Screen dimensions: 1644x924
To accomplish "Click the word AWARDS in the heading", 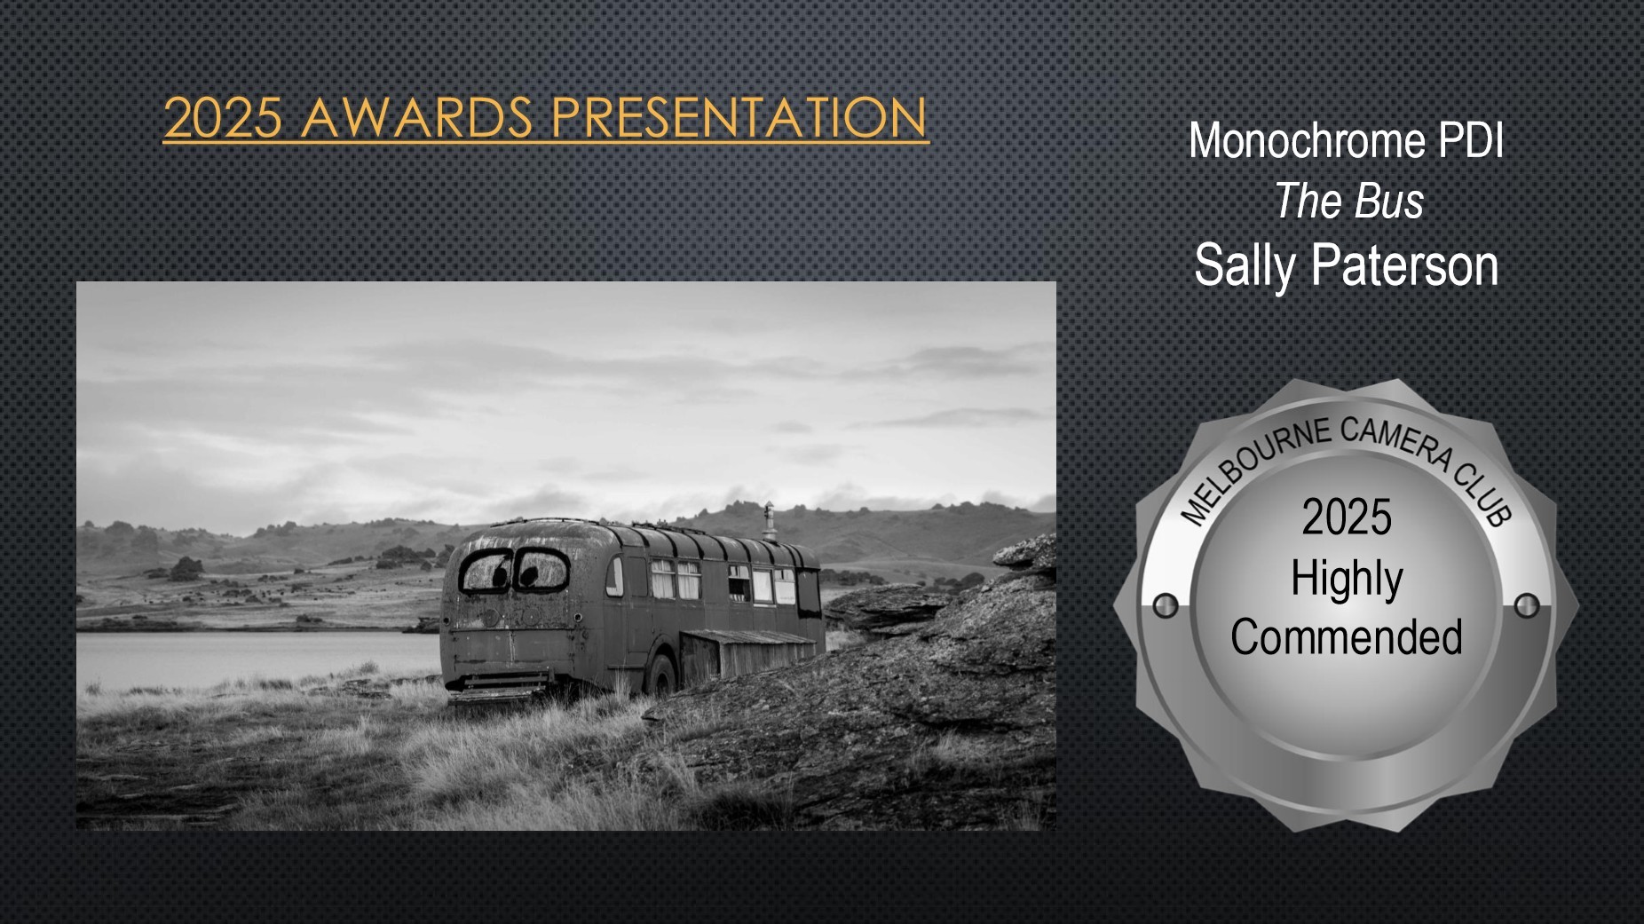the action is click(x=417, y=118).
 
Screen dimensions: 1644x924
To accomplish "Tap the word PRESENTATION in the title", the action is click(x=739, y=118).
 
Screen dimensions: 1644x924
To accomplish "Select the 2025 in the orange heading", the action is click(x=223, y=118).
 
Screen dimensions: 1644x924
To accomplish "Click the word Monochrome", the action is click(x=1307, y=140).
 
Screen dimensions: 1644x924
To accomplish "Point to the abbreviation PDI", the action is click(x=1471, y=140).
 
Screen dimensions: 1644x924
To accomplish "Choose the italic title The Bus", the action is click(x=1348, y=201).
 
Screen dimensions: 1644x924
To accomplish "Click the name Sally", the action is click(x=1245, y=266).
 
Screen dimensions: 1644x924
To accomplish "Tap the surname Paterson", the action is click(x=1405, y=265).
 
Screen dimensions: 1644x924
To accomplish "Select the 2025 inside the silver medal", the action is click(x=1347, y=517).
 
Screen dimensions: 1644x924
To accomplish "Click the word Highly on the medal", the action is click(x=1347, y=579).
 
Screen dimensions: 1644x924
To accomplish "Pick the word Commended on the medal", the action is click(x=1347, y=636).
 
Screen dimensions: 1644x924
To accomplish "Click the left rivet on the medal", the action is click(x=1166, y=605).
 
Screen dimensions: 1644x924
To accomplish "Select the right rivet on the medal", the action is click(x=1527, y=605).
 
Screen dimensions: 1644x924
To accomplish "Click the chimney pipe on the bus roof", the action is click(x=769, y=522).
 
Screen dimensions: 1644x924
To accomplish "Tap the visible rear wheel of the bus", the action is click(x=660, y=676).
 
